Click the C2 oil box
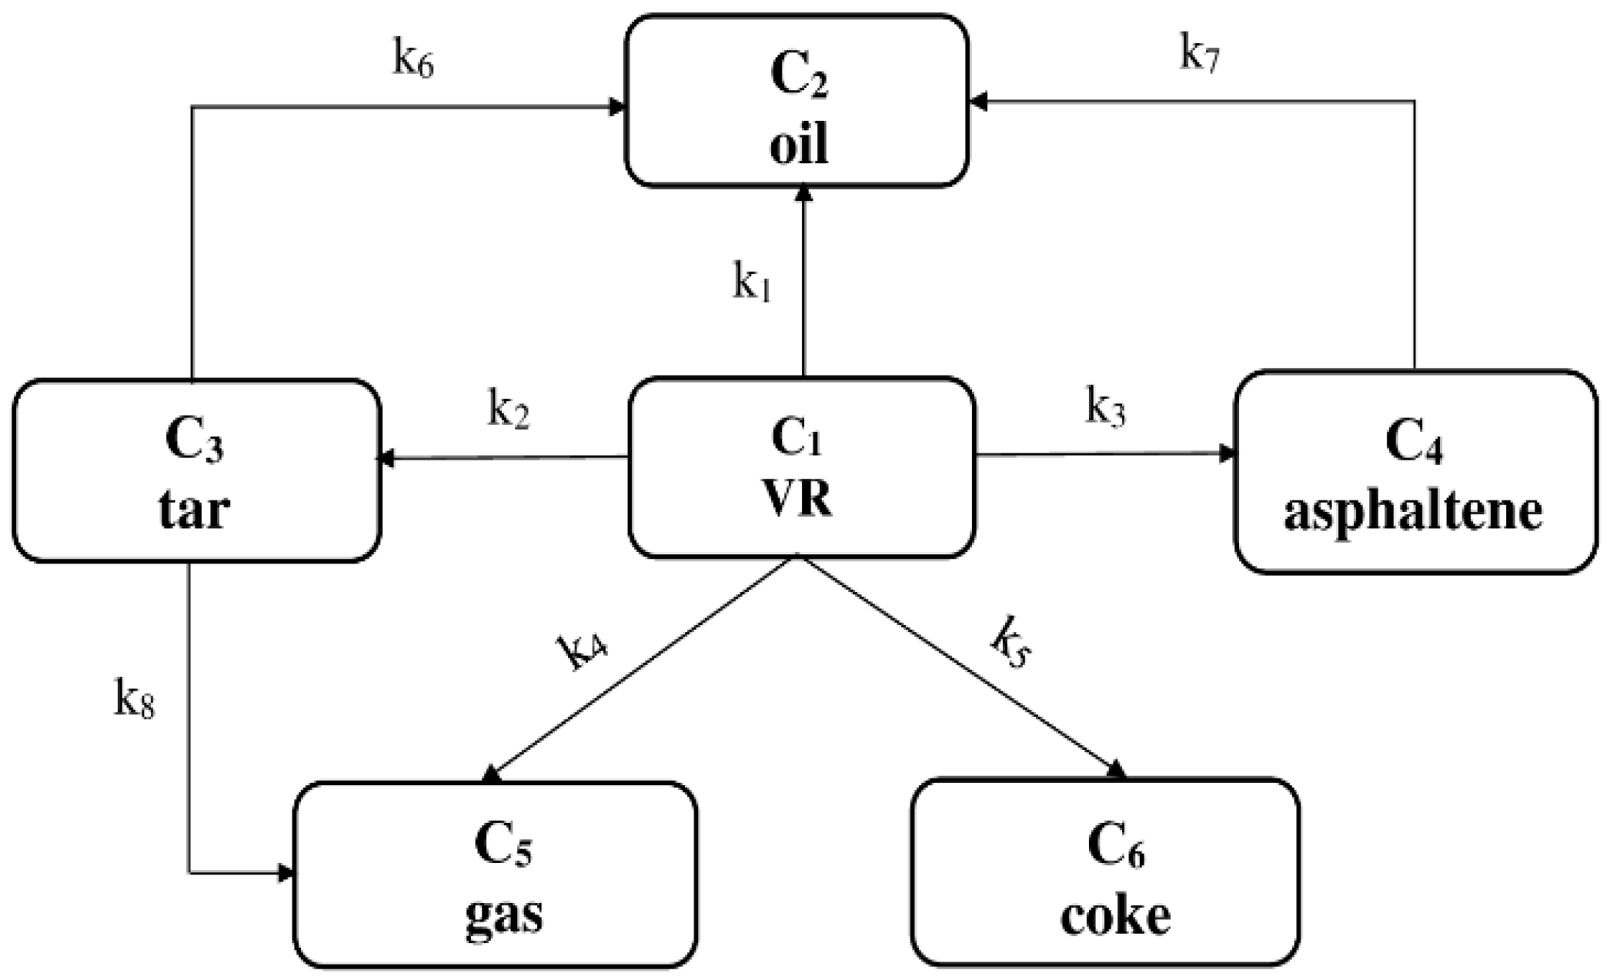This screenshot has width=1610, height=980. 797,101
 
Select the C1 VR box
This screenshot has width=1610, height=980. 801,467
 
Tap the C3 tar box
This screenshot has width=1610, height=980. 196,470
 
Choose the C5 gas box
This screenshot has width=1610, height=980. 495,874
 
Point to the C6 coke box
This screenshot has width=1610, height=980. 1105,872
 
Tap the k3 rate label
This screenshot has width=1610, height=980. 1105,408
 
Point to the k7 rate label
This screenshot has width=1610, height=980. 1200,56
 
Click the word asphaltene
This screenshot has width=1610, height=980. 1413,512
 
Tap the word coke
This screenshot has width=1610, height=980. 1115,916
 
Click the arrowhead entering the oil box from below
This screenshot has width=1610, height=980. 803,194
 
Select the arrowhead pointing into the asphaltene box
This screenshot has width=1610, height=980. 1226,453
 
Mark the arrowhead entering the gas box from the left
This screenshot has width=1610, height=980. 286,873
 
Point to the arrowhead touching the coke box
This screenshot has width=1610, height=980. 1117,770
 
